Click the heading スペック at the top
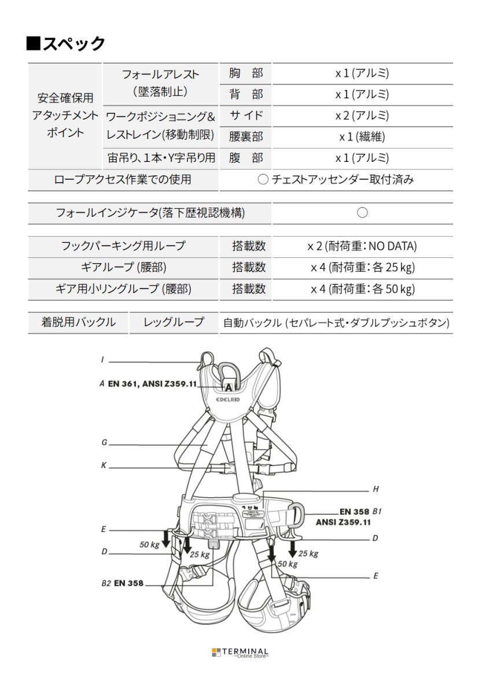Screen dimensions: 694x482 [66, 43]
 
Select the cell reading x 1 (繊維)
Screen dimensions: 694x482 [362, 137]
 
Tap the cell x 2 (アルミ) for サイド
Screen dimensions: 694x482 [362, 116]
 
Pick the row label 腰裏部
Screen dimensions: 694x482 [245, 137]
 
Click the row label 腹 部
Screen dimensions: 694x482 [245, 158]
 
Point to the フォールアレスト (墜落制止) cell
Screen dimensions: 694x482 [160, 83]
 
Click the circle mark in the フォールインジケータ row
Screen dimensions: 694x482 [362, 213]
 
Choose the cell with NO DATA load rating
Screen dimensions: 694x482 [362, 246]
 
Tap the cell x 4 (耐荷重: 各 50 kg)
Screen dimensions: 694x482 [362, 289]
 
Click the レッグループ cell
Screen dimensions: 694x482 [174, 322]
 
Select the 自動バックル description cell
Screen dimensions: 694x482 [336, 323]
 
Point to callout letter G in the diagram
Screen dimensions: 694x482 [104, 443]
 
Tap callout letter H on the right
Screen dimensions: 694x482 [375, 489]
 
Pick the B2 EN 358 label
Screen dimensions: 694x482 [122, 583]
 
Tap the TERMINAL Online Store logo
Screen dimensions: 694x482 [240, 652]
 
